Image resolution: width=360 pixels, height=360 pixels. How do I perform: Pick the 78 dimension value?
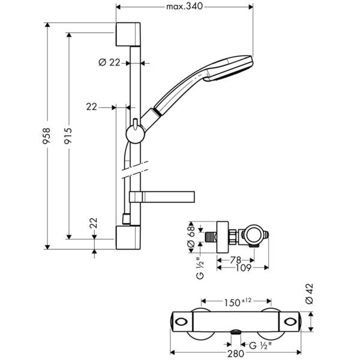pyautogui.click(x=235, y=260)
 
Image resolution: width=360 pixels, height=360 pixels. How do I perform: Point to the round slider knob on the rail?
pyautogui.click(x=136, y=133)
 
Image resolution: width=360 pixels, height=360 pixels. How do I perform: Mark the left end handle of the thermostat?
pyautogui.click(x=181, y=322)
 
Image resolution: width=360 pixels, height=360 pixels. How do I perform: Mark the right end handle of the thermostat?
pyautogui.click(x=295, y=322)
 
